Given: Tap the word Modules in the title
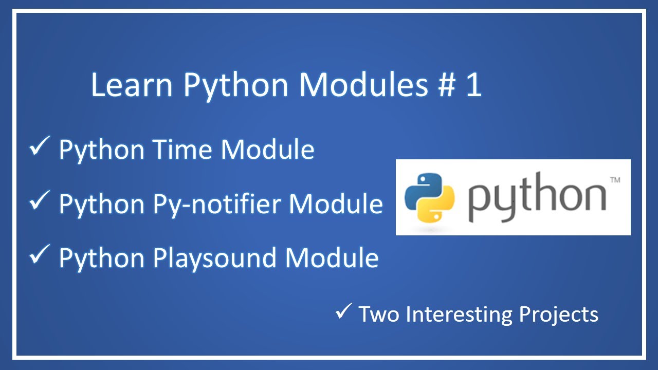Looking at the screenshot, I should tap(364, 85).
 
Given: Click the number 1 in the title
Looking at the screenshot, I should tap(473, 85).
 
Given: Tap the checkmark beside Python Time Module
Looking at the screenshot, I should tap(40, 148).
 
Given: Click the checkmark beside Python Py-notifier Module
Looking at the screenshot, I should tap(40, 202).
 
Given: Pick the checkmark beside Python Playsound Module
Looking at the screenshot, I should tap(40, 256).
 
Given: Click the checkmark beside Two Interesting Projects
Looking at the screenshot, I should tap(343, 311).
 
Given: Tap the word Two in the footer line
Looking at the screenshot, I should tap(379, 314).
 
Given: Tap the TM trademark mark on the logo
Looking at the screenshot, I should tap(614, 180).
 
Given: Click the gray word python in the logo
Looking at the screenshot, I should tap(537, 198).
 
